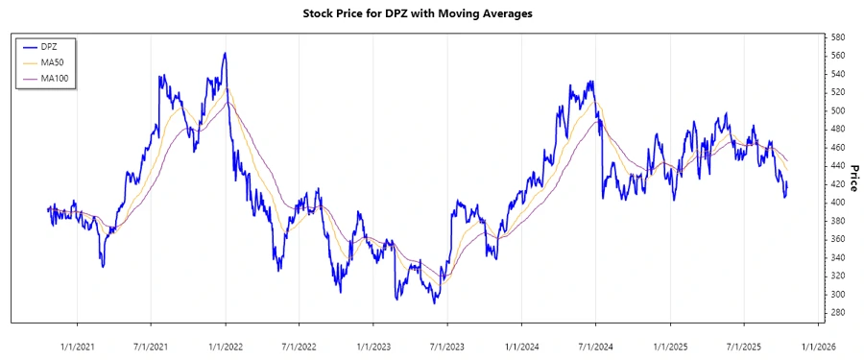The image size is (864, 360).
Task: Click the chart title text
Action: (431, 14)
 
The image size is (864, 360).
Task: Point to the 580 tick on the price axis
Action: (839, 37)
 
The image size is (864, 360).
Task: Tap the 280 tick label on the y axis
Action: (839, 312)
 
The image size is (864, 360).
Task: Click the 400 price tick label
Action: (839, 203)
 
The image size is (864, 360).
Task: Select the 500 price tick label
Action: (839, 110)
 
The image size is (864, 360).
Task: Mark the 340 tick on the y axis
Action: (839, 257)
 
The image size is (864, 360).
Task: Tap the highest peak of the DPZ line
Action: (225, 54)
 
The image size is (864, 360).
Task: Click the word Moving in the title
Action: (468, 14)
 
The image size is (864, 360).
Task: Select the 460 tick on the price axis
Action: (839, 147)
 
